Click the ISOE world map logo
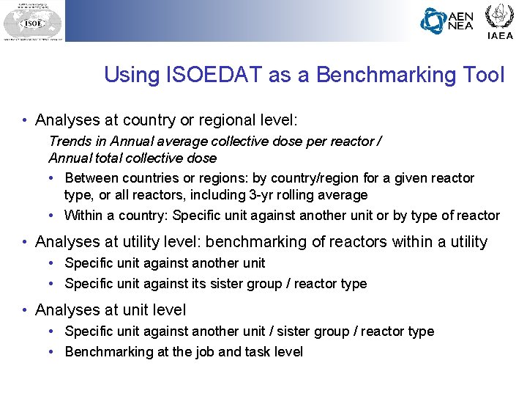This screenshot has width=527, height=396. click(x=32, y=21)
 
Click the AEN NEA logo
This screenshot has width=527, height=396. click(x=447, y=21)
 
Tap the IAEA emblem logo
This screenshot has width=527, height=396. click(x=501, y=20)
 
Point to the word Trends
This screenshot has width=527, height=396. click(x=69, y=140)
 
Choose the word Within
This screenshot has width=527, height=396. click(x=83, y=216)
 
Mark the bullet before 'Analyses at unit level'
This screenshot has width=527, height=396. click(x=26, y=311)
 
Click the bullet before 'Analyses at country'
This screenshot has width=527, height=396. click(x=26, y=120)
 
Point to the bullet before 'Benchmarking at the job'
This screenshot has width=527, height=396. click(x=54, y=352)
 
